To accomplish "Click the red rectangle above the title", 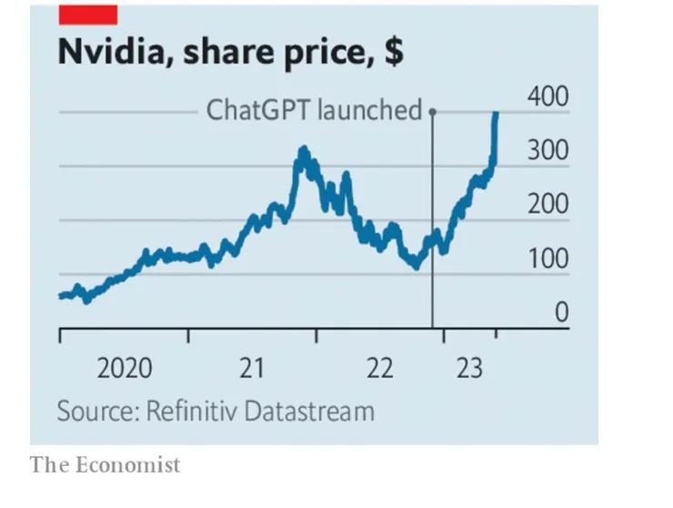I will pyautogui.click(x=87, y=14).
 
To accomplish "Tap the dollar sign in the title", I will pyautogui.click(x=393, y=54).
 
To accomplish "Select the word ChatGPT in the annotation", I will pyautogui.click(x=258, y=111).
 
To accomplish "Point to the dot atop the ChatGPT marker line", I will pyautogui.click(x=432, y=112).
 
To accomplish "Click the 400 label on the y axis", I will pyautogui.click(x=547, y=97).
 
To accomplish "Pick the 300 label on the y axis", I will pyautogui.click(x=547, y=151).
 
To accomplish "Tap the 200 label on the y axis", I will pyautogui.click(x=547, y=205).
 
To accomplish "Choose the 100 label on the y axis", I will pyautogui.click(x=547, y=259).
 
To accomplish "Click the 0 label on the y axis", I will pyautogui.click(x=562, y=313).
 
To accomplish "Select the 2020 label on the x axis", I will pyautogui.click(x=125, y=369).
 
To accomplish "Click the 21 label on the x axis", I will pyautogui.click(x=252, y=369).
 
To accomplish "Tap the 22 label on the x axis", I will pyautogui.click(x=379, y=369).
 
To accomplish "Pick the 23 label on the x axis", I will pyautogui.click(x=468, y=369).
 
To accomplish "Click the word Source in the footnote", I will pyautogui.click(x=95, y=411).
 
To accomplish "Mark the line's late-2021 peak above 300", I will pyautogui.click(x=303, y=149).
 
